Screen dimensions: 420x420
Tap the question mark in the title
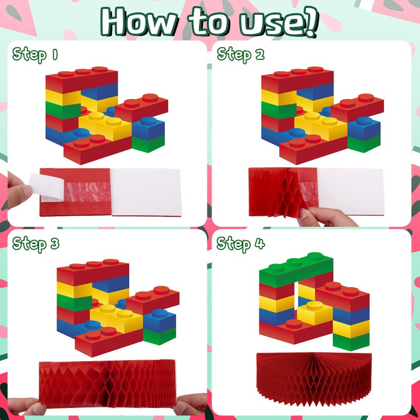click(310, 22)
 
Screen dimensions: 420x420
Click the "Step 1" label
click(35, 54)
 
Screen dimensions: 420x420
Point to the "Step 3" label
click(36, 244)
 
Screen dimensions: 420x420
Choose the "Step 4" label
click(241, 244)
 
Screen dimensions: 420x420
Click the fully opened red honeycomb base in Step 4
click(312, 378)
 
